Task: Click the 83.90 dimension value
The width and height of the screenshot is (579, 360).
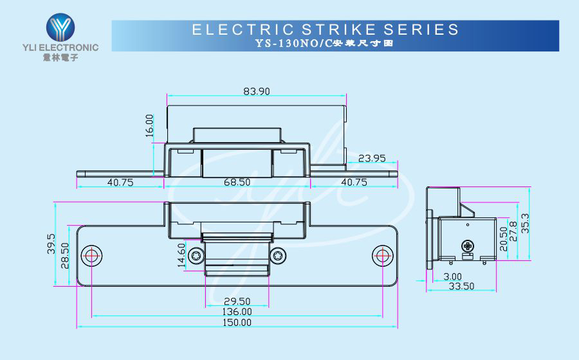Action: tap(256, 91)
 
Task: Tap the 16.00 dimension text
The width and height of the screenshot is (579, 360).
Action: tap(149, 125)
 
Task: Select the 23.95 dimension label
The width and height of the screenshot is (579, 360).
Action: tap(372, 158)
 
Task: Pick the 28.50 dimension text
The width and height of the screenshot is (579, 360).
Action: tap(64, 255)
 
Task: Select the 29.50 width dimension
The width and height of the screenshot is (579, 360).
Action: tap(237, 301)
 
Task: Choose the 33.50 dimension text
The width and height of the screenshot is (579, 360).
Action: tap(461, 285)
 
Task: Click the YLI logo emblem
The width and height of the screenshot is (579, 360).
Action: tap(61, 27)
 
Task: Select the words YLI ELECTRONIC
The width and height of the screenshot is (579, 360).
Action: tap(61, 48)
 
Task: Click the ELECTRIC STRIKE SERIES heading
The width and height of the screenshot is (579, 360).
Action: tap(326, 29)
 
